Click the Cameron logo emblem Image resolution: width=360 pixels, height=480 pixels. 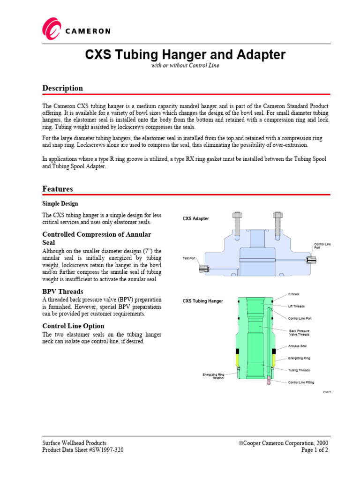coord(52,29)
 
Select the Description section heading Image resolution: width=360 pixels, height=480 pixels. coord(63,88)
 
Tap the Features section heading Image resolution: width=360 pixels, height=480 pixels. coord(58,188)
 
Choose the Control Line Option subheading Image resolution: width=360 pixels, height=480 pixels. coord(73,326)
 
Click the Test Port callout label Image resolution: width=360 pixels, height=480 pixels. coord(189,258)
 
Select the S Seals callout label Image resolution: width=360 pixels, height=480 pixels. coord(293,294)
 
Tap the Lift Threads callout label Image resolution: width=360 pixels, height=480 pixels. coord(296,306)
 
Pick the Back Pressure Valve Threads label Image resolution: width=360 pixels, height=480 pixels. coord(299,332)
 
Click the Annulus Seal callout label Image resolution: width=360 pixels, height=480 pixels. coord(298,347)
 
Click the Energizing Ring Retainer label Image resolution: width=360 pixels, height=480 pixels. coord(213,376)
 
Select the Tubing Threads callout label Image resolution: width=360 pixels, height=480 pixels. coord(299,370)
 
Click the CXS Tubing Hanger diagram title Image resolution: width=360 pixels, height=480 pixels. coord(202,301)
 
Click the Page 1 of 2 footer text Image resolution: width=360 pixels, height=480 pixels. coord(315,450)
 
